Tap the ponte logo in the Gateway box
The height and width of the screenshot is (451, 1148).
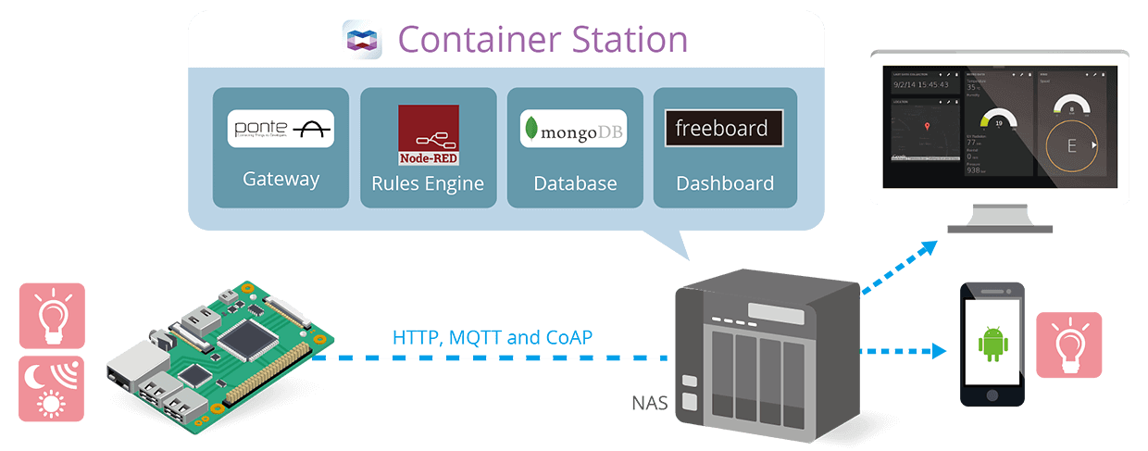pyautogui.click(x=281, y=129)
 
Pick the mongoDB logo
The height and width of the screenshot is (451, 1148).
pyautogui.click(x=574, y=130)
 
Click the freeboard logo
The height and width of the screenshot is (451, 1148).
pyautogui.click(x=723, y=129)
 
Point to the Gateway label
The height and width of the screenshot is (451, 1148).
pyautogui.click(x=281, y=179)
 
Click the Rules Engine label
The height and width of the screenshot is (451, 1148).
pyautogui.click(x=428, y=183)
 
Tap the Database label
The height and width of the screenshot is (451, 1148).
pyautogui.click(x=575, y=183)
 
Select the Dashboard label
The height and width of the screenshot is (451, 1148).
pyautogui.click(x=725, y=183)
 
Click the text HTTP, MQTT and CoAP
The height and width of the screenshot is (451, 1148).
pyautogui.click(x=492, y=336)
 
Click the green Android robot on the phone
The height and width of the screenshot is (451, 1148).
pyautogui.click(x=992, y=343)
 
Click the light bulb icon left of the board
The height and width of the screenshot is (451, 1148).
pyautogui.click(x=52, y=315)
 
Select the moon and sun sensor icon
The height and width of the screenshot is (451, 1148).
pyautogui.click(x=52, y=389)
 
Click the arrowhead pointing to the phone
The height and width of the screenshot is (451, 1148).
pyautogui.click(x=941, y=351)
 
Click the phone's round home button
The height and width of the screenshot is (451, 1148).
pyautogui.click(x=992, y=394)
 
